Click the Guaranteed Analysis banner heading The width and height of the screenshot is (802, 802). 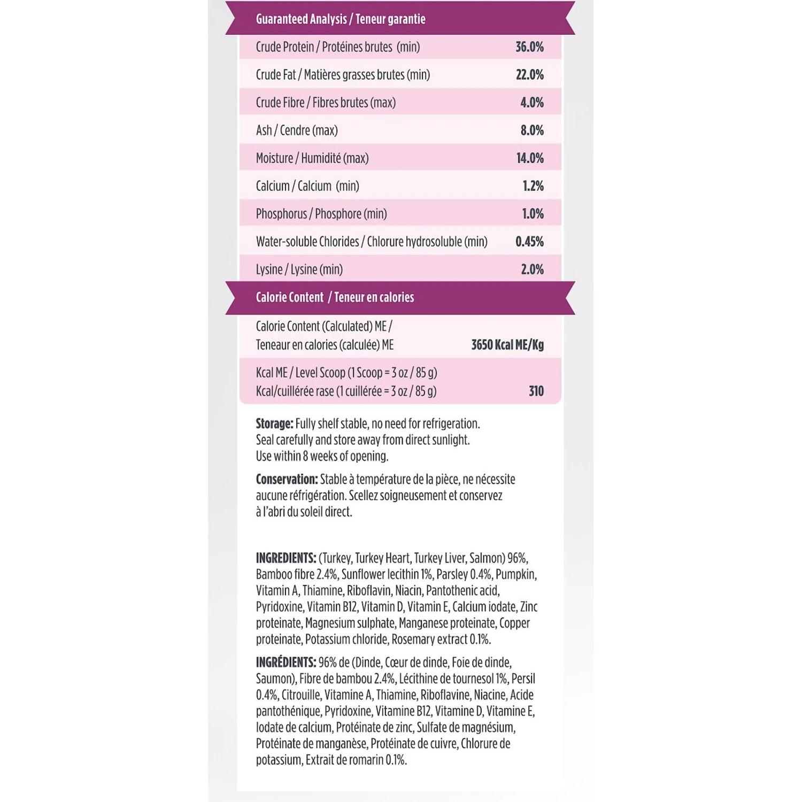pyautogui.click(x=341, y=19)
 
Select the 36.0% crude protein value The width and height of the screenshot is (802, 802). pyautogui.click(x=529, y=47)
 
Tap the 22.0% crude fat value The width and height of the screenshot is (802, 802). pyautogui.click(x=529, y=75)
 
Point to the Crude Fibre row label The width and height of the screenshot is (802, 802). pyautogui.click(x=326, y=103)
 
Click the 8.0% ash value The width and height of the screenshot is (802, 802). pyautogui.click(x=532, y=130)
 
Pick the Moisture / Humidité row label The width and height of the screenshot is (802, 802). pyautogui.click(x=312, y=158)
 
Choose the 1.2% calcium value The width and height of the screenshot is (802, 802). pyautogui.click(x=533, y=186)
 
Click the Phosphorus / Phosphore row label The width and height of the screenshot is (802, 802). pyautogui.click(x=321, y=214)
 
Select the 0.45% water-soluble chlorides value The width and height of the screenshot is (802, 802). pyautogui.click(x=529, y=242)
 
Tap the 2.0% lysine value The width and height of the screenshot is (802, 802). pyautogui.click(x=532, y=269)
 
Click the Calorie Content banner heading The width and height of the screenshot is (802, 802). pyautogui.click(x=335, y=297)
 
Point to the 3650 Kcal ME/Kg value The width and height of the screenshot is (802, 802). pyautogui.click(x=507, y=345)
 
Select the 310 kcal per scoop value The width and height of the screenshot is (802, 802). pyautogui.click(x=536, y=391)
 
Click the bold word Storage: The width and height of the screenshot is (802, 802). pyautogui.click(x=274, y=424)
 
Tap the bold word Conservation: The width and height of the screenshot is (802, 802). pyautogui.click(x=287, y=480)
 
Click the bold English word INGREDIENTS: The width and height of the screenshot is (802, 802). pyautogui.click(x=286, y=558)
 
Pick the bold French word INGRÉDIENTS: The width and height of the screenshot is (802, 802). pyautogui.click(x=286, y=662)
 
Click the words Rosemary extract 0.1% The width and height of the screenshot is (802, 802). pyautogui.click(x=441, y=639)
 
